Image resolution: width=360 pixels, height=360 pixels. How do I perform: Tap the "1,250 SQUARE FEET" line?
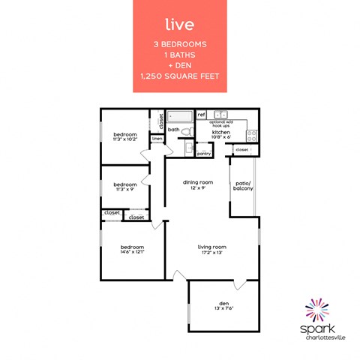pos(179,77)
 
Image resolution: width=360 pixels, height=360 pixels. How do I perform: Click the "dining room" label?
pos(198,182)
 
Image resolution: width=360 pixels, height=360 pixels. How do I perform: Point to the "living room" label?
pos(212,247)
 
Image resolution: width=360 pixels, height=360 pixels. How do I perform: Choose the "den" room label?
pos(223,303)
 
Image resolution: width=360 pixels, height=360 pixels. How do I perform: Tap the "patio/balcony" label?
pos(243,184)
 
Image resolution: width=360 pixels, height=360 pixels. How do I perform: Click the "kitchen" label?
pos(221,131)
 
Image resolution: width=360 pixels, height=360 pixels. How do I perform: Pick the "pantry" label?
pos(204,153)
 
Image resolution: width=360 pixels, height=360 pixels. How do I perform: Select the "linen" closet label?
pos(157,139)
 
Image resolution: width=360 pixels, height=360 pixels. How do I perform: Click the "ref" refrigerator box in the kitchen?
pos(201,115)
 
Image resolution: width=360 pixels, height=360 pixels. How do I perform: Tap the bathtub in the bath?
pos(181,117)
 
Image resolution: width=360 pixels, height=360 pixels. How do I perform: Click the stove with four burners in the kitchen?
pos(252,136)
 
